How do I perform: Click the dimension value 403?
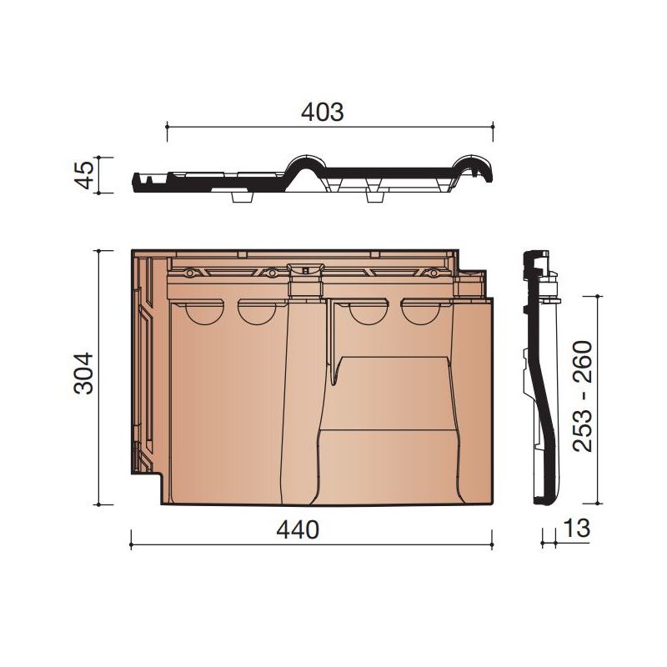(x=322, y=112)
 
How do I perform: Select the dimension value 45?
(x=83, y=174)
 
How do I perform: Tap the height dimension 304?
(x=83, y=377)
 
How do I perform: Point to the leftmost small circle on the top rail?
(x=190, y=273)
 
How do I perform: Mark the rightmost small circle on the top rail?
(x=434, y=273)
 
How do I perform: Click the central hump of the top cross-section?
(x=307, y=163)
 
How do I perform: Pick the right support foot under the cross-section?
(x=374, y=197)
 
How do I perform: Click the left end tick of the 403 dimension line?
(x=168, y=126)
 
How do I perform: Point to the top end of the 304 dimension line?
(x=101, y=249)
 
